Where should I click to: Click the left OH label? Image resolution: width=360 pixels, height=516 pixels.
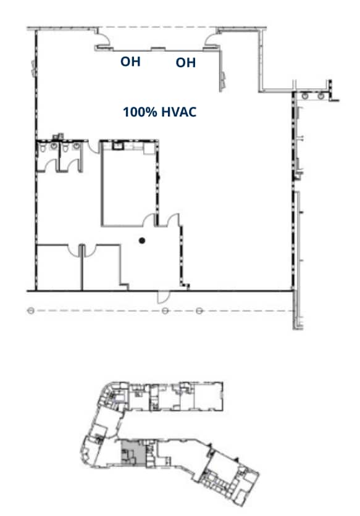coord(130,61)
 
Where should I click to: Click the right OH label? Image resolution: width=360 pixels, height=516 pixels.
coord(186,62)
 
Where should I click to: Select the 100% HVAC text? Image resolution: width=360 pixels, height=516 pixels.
coord(159,112)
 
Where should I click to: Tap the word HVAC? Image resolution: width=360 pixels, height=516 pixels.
coord(180,112)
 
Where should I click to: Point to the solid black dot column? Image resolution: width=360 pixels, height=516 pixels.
coord(142,240)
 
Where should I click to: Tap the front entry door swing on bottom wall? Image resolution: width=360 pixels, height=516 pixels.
coord(163,296)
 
